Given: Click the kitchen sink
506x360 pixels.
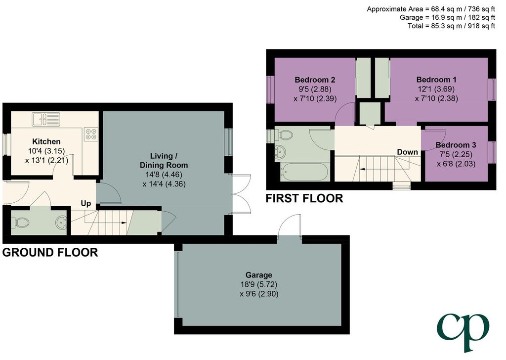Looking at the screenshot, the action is [x=46, y=119].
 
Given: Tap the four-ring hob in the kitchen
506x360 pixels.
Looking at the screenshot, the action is [x=91, y=134].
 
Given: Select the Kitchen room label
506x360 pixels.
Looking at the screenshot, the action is [x=46, y=141].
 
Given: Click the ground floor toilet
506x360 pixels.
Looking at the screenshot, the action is [x=21, y=223].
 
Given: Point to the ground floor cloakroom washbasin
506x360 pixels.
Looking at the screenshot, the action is [x=61, y=222].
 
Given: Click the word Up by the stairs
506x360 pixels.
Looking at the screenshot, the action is [x=86, y=203].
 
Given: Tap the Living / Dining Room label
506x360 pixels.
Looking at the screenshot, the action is [x=164, y=160].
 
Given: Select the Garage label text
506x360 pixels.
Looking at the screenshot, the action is [x=259, y=275].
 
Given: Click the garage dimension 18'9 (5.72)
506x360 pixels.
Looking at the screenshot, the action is [x=259, y=284].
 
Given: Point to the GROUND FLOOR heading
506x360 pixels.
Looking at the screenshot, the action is [x=50, y=253].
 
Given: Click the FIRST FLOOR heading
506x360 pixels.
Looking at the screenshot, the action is [x=304, y=198].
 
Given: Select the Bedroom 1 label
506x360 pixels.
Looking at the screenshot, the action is [x=436, y=80].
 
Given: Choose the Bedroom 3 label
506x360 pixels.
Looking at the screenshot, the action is [x=456, y=145].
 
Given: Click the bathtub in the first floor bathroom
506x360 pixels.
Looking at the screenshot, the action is [x=304, y=172].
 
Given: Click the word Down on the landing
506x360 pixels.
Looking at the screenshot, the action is [x=407, y=152].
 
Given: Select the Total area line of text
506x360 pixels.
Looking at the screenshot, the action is [x=451, y=26].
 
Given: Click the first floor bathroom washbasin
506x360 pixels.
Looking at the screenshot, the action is [x=281, y=151].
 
